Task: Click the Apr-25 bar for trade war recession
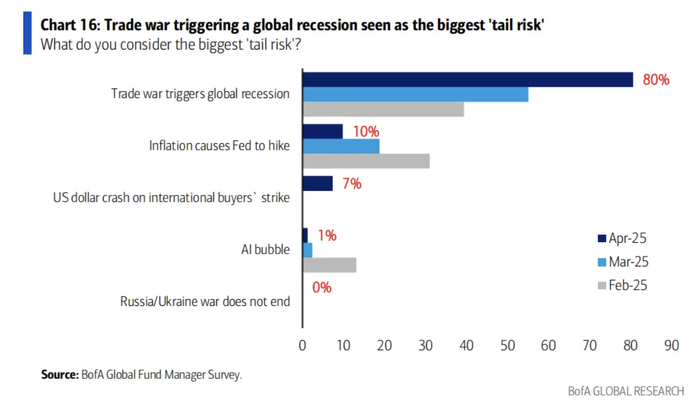click(467, 80)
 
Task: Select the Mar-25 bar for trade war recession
click(415, 95)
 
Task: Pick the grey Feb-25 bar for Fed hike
click(366, 161)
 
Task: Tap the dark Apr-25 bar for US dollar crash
click(317, 183)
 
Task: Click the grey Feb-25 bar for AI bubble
click(329, 265)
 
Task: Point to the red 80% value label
click(656, 80)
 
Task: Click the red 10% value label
click(366, 131)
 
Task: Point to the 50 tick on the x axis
click(508, 345)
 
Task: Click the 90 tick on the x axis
click(672, 345)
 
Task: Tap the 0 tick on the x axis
click(302, 345)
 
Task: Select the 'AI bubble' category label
click(265, 250)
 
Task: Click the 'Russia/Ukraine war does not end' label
click(205, 302)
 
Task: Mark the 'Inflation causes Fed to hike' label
click(219, 146)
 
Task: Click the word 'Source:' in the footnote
click(60, 374)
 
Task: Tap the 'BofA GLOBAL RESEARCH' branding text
click(626, 391)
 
